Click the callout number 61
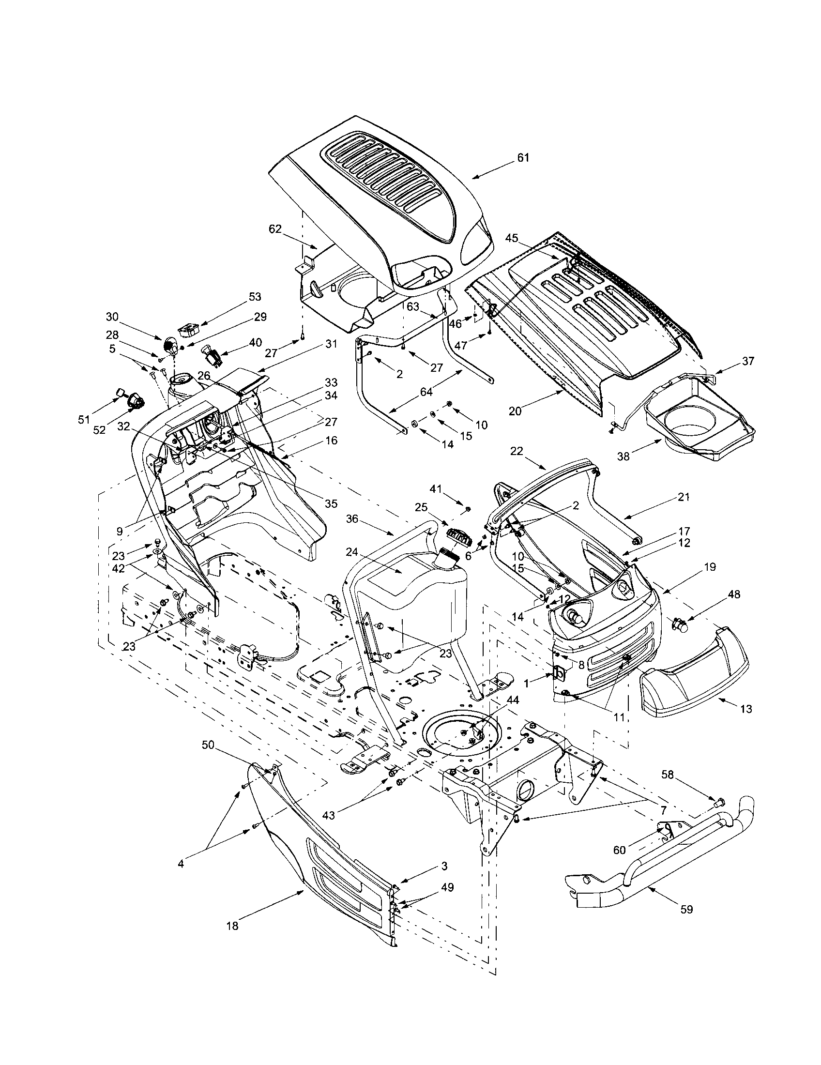point(523,157)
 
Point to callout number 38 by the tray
point(624,456)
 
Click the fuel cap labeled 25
point(457,540)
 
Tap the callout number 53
point(255,296)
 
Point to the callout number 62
point(275,228)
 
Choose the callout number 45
point(511,239)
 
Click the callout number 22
point(517,451)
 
